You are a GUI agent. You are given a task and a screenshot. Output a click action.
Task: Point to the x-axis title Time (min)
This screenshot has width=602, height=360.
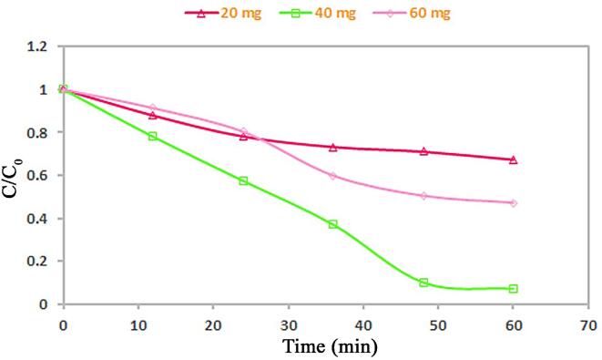[x=329, y=346]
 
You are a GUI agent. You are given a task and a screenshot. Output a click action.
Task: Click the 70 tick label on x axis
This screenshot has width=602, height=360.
[x=588, y=323]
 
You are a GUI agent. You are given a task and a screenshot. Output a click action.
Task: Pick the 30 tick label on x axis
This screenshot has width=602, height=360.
[x=288, y=323]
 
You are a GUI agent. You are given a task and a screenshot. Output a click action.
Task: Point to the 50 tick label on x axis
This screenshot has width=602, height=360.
[x=438, y=323]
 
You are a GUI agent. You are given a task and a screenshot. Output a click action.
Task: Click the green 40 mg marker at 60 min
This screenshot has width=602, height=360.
[x=514, y=289]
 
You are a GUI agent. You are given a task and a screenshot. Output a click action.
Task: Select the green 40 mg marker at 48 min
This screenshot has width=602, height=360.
[x=423, y=283]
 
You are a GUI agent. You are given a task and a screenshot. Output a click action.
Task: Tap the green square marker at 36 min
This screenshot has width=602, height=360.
[x=333, y=224]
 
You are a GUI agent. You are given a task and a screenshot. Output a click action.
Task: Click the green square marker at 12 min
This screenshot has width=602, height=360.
[x=153, y=136]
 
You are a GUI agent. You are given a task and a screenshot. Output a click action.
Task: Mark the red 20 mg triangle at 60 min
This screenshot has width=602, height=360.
[x=514, y=159]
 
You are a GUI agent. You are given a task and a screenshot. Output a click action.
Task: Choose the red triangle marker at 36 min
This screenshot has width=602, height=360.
[x=333, y=147]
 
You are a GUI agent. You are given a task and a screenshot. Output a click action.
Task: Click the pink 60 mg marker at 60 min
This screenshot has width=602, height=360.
[x=514, y=202]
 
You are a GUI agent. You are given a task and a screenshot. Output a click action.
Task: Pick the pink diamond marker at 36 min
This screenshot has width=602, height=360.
[x=333, y=175]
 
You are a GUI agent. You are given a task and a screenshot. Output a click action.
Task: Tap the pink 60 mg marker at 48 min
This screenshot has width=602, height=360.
[x=423, y=196]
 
